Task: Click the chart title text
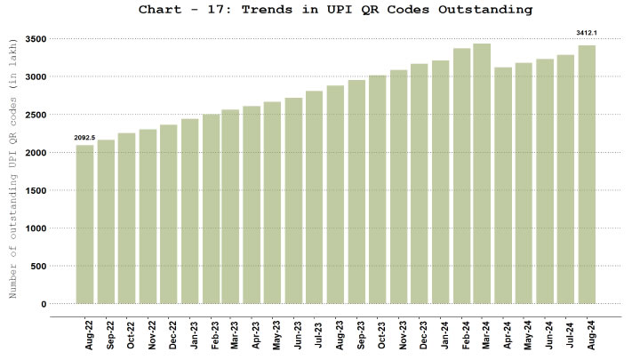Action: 335,10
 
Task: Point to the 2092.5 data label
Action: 84,138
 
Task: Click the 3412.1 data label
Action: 587,33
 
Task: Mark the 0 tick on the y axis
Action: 42,304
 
